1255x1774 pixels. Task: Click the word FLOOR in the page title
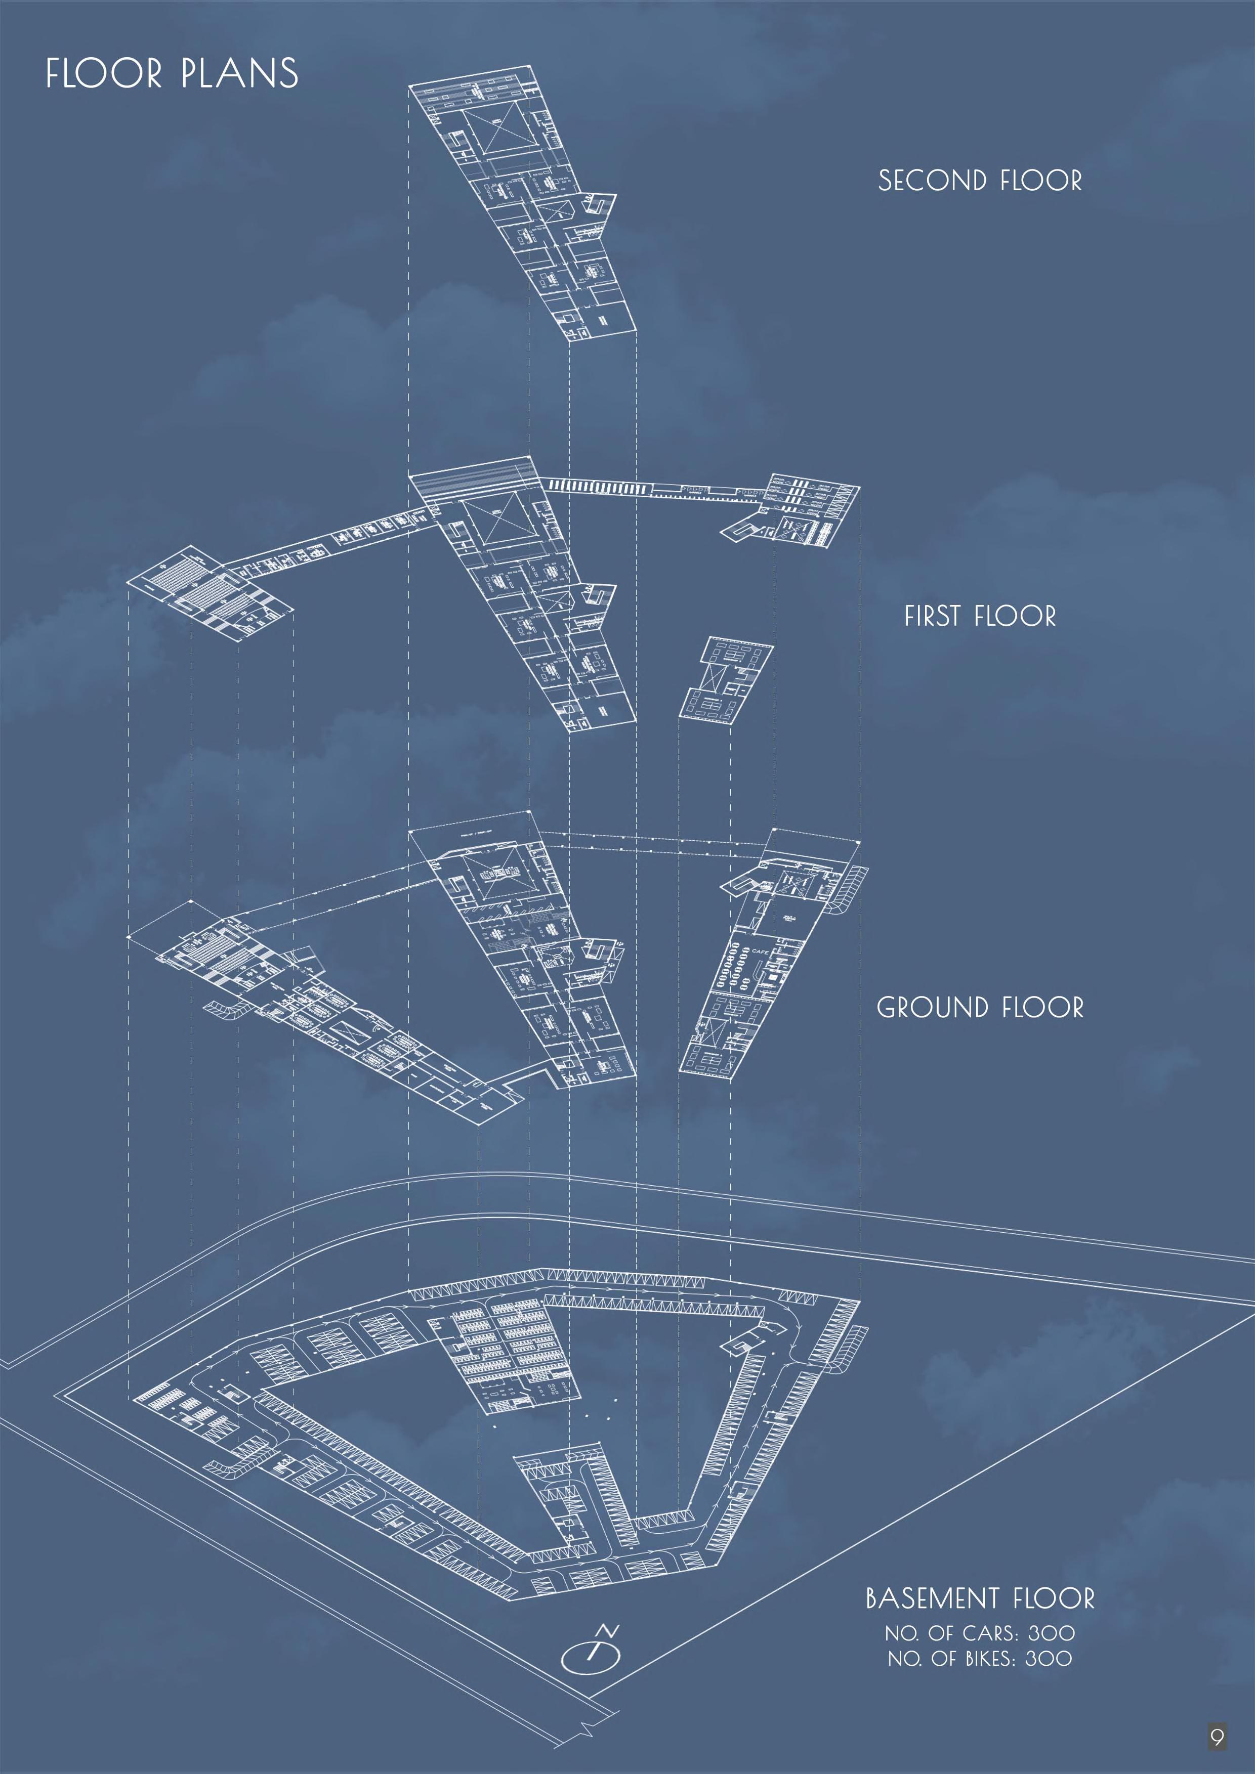coord(104,74)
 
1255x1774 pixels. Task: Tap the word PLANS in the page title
coord(239,74)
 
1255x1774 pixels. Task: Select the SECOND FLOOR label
coord(980,181)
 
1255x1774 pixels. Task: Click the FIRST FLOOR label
coord(980,617)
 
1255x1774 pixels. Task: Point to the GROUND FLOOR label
coord(980,1008)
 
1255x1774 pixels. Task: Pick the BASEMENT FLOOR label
coord(980,1598)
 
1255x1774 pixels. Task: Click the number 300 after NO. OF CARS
coord(1051,1633)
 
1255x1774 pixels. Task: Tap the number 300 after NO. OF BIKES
coord(1048,1659)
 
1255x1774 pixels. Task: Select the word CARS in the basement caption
coord(989,1633)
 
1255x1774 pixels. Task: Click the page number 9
coord(1217,1738)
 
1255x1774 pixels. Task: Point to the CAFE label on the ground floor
coord(761,952)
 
